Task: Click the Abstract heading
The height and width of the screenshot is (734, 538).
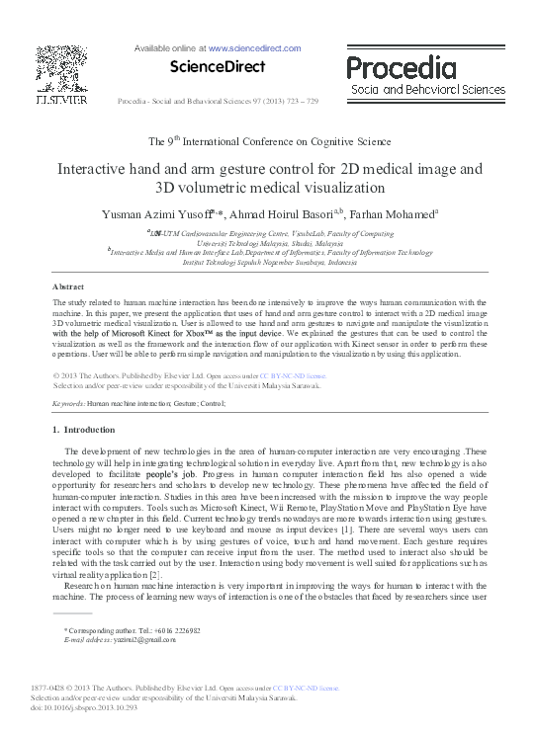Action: tap(67, 285)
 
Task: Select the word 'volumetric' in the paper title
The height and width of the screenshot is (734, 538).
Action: tap(225, 187)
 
